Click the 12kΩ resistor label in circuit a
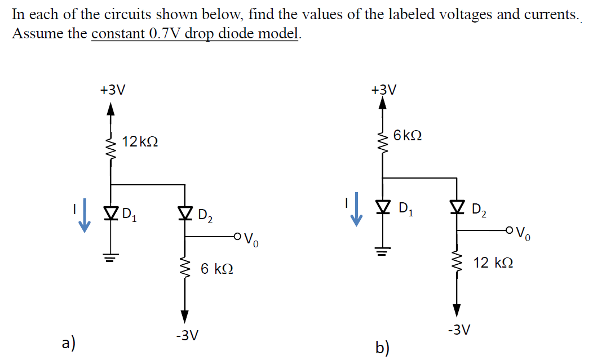click(x=140, y=143)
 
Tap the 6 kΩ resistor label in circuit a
click(x=217, y=269)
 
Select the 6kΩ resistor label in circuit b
click(x=408, y=136)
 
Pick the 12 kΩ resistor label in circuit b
click(x=493, y=262)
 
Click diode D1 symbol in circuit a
click(x=110, y=213)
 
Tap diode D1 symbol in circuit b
click(x=383, y=208)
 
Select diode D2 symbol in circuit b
click(x=457, y=208)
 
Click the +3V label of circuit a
click(x=112, y=90)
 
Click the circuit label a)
click(x=69, y=343)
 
